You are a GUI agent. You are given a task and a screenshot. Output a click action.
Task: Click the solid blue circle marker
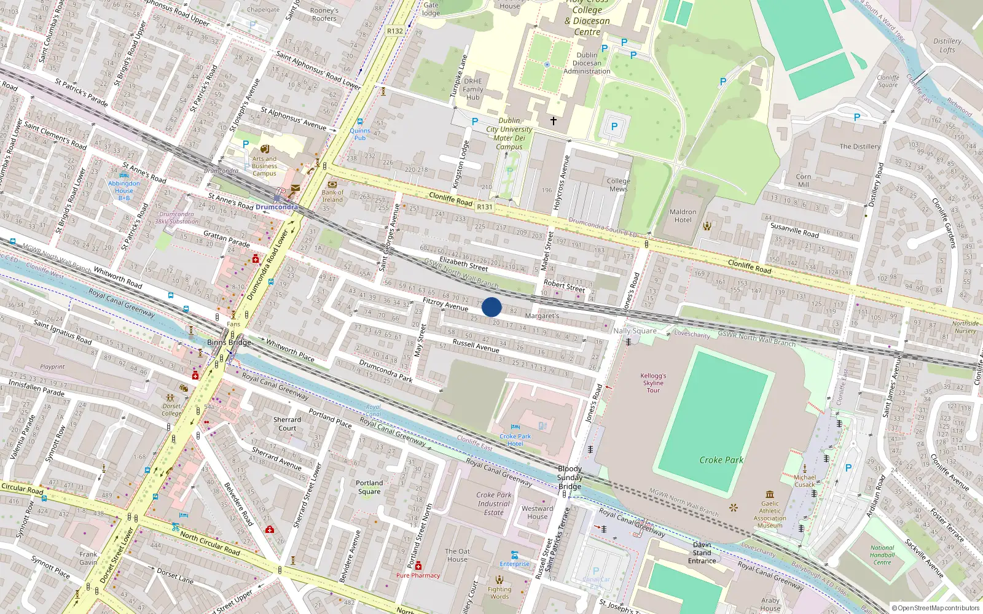[491, 307]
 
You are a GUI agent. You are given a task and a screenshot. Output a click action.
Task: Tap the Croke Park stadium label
[721, 460]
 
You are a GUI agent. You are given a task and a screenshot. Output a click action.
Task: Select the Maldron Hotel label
[683, 216]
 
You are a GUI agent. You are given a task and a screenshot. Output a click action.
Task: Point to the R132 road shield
[395, 31]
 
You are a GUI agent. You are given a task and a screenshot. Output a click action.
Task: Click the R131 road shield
[485, 207]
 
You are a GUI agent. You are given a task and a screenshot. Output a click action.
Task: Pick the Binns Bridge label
[229, 343]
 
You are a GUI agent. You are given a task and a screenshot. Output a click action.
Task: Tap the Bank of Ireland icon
[332, 184]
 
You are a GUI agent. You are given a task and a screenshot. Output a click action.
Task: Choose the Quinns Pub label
[360, 134]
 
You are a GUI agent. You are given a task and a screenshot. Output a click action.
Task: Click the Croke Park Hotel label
[515, 440]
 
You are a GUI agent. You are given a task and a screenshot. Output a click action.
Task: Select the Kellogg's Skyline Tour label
[653, 383]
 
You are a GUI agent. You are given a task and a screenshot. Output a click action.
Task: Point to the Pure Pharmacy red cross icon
[418, 565]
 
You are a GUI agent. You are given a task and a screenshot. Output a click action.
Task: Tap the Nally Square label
[635, 331]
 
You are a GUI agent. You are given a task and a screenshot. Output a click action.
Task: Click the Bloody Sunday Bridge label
[570, 478]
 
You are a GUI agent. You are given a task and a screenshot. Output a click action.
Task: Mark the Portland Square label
[369, 487]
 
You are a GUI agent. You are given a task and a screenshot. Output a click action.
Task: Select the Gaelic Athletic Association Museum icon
[770, 494]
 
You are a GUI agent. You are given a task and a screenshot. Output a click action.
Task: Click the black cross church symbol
[553, 121]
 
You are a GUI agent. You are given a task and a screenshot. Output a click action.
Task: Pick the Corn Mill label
[803, 181]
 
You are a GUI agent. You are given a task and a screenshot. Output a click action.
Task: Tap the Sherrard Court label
[287, 424]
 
